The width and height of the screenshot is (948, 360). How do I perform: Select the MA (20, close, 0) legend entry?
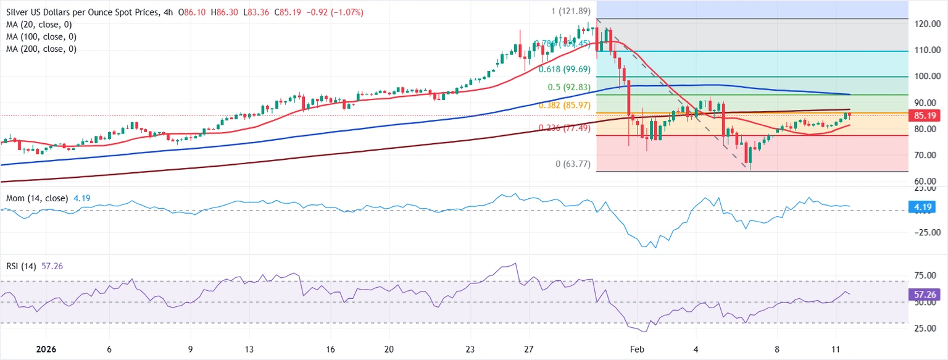39,25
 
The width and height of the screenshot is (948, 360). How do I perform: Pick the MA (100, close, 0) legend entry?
41,36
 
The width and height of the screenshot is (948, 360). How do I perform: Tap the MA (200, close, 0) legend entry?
41,49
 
